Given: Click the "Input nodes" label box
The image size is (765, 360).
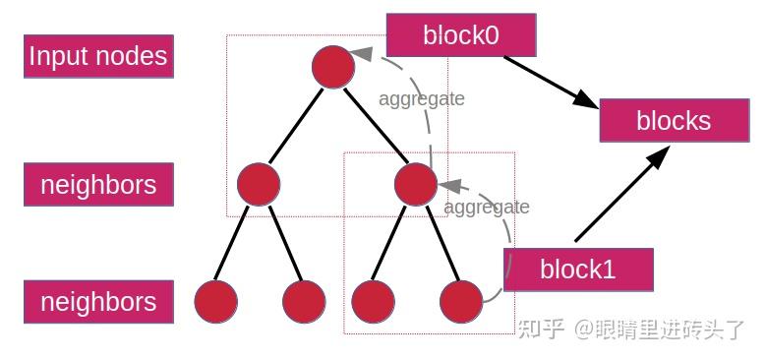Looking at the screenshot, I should coord(98,56).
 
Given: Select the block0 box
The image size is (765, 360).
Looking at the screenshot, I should coord(461,35).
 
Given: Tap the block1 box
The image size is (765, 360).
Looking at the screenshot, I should coord(578,270).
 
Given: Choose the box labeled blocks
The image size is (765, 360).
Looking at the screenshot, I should coord(674,120).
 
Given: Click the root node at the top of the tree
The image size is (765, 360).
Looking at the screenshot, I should coord(332,66).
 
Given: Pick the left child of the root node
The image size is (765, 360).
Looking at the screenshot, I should coord(259,184).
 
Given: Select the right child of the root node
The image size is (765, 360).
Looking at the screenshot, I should coord(415,184).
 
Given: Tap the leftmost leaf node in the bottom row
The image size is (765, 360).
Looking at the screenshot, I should coord(216,301).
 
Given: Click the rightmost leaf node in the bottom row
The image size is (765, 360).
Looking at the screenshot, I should coord(461,301).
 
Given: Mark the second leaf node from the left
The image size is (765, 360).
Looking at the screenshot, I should coord(303,301).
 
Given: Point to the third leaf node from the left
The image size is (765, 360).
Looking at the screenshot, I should coord(373,301).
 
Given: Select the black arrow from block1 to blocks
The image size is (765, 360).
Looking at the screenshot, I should coord(622,193).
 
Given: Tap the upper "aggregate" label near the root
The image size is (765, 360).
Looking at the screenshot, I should coord(422,98).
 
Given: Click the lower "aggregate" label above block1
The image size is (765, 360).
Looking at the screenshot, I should coord(487,207).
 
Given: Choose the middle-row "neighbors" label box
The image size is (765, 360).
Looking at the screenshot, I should coord(98,184).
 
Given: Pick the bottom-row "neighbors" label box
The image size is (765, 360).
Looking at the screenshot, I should coord(98,301).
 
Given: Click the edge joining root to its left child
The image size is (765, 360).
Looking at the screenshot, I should coord(295,125).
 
